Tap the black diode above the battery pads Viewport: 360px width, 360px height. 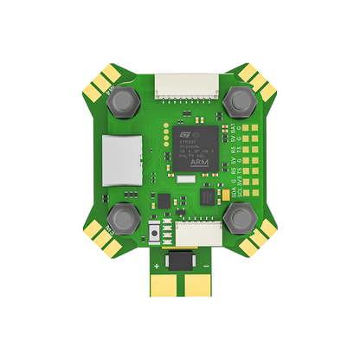pos(179,263)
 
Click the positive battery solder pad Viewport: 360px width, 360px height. pos(165,290)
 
